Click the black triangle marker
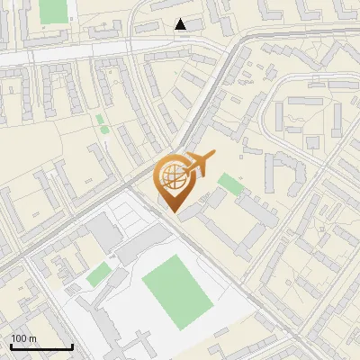(x=181, y=24)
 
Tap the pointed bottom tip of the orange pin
(x=174, y=212)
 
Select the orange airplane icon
(x=200, y=164)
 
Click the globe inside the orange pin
(x=173, y=176)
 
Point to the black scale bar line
(x=41, y=347)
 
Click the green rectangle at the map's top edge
(x=54, y=10)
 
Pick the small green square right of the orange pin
(x=229, y=184)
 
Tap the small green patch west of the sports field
(x=99, y=274)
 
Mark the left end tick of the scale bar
(x=11, y=346)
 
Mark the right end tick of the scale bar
(x=72, y=346)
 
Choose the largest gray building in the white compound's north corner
(x=107, y=233)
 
